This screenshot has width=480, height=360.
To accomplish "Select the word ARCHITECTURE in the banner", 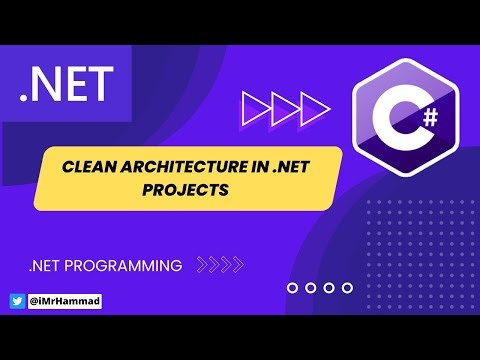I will pos(180,167).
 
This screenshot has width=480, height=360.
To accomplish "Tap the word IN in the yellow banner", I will pos(257,167).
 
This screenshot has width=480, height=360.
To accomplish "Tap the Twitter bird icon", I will pos(16,301).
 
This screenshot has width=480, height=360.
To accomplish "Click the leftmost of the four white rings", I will pos(293,287).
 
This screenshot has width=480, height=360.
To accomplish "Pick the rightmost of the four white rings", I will pos(347,287).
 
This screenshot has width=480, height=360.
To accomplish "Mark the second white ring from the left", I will pos(311,287).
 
